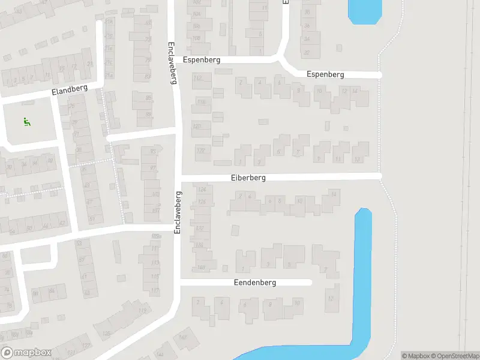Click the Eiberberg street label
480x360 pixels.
[x=248, y=178]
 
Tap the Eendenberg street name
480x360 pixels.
[x=256, y=283]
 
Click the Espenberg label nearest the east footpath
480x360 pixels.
[x=325, y=74]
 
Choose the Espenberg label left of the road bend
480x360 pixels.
[x=202, y=61]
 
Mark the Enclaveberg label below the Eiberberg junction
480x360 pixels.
[x=178, y=212]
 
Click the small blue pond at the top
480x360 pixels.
[x=365, y=11]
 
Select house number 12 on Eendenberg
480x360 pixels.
[x=330, y=298]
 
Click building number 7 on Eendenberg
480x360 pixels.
[x=325, y=269]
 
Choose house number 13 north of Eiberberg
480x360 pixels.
[x=358, y=160]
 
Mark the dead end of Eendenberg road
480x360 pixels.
[x=310, y=282]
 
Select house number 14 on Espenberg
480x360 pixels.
[x=355, y=91]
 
